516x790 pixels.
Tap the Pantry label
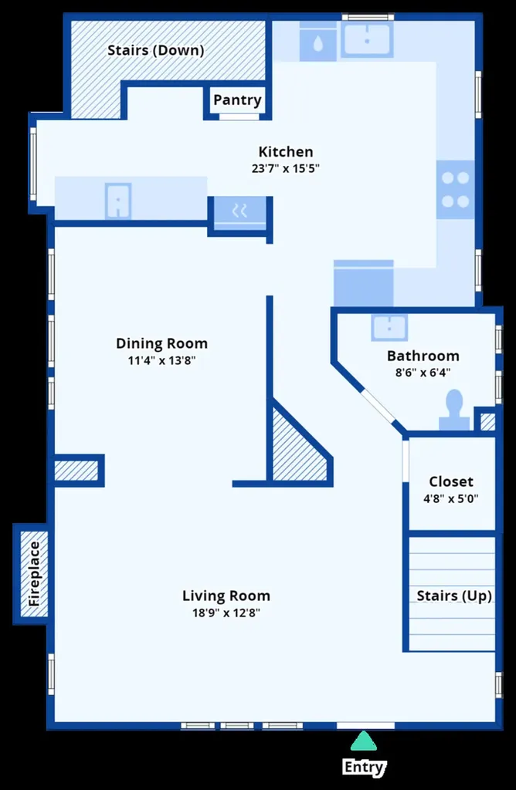click(x=237, y=100)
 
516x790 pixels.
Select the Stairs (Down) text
click(x=156, y=50)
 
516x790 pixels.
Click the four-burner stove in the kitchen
click(x=456, y=190)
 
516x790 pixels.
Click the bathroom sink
click(x=389, y=327)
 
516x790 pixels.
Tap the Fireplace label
click(x=34, y=574)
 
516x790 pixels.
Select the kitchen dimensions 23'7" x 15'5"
click(x=286, y=168)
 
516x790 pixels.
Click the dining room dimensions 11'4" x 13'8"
click(x=162, y=360)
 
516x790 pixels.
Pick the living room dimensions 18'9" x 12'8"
click(x=226, y=613)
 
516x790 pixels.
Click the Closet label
click(x=451, y=481)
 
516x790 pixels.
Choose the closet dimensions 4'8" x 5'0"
click(x=451, y=499)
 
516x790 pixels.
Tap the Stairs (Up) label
click(x=454, y=596)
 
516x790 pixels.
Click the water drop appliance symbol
click(x=317, y=44)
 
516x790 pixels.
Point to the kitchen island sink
click(x=118, y=201)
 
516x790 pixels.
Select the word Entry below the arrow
click(x=364, y=767)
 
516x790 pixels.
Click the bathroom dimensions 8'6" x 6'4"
click(x=423, y=373)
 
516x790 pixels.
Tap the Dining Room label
click(x=162, y=343)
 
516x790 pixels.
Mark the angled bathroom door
click(x=379, y=405)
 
